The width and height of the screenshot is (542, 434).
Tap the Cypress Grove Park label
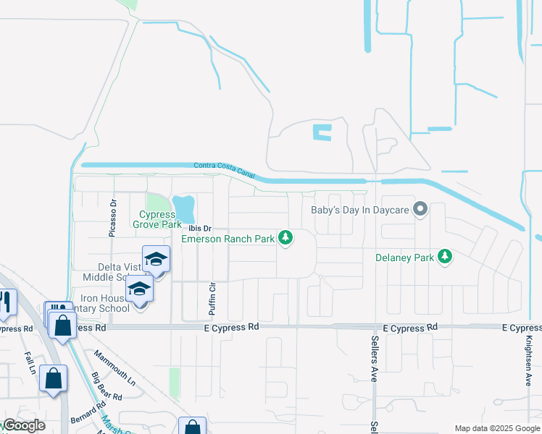pos(157,219)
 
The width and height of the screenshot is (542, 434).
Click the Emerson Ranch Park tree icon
pos(286,237)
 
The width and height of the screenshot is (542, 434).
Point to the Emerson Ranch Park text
pos(228,239)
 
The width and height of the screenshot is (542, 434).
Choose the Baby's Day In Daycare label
pos(359,210)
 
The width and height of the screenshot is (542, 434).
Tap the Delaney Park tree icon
pos(446,256)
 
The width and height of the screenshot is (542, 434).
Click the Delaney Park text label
pos(404,257)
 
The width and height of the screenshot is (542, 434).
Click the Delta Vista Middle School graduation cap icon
pos(156,260)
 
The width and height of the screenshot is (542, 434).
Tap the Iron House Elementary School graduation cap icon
pos(140,291)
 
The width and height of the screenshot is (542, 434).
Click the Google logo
pos(23,425)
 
